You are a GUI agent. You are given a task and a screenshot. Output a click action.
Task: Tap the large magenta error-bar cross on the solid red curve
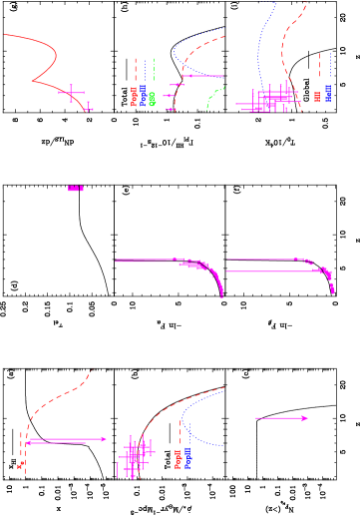[70, 93]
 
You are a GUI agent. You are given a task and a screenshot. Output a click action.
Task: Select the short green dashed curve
[214, 98]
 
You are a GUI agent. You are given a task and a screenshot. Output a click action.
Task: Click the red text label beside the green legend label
[135, 96]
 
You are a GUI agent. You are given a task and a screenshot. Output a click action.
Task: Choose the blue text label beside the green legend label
[144, 96]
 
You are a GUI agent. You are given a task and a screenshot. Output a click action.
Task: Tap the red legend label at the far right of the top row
[318, 96]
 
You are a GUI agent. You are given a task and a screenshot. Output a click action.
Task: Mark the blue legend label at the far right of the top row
[327, 95]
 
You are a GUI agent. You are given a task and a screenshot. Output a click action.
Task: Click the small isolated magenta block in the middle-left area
[75, 188]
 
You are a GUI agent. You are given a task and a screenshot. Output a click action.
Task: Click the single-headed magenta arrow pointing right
[281, 418]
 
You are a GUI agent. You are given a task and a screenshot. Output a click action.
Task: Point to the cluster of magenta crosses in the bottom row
[135, 454]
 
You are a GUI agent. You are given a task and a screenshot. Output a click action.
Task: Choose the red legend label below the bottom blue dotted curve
[179, 458]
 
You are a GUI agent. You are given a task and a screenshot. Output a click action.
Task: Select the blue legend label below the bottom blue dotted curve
[187, 458]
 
